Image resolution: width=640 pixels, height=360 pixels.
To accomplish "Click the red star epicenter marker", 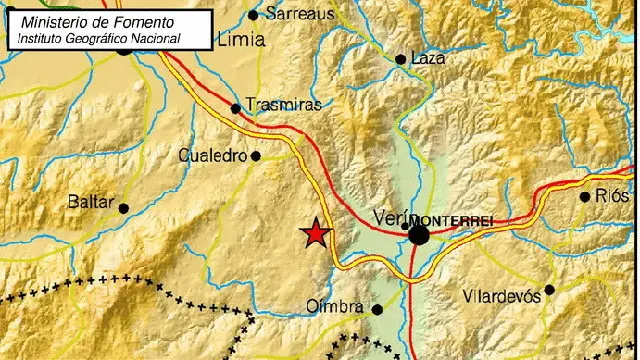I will (316, 234).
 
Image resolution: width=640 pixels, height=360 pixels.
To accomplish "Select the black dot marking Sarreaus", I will (253, 14).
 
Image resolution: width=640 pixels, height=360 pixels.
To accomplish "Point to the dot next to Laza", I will (401, 60).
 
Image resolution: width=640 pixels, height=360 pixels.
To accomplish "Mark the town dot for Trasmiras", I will (236, 108).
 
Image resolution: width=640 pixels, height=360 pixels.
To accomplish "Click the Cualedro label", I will (213, 155).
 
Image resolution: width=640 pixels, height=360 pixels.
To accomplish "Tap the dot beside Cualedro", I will (256, 155).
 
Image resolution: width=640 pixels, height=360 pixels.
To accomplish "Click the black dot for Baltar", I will (124, 208).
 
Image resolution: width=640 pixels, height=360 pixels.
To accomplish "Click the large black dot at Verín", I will (418, 234).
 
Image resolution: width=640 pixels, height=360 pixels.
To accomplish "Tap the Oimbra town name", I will (335, 307).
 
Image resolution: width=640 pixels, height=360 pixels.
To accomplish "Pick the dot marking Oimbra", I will (377, 309).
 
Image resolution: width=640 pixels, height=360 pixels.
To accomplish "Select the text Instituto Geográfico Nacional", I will (96, 37).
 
